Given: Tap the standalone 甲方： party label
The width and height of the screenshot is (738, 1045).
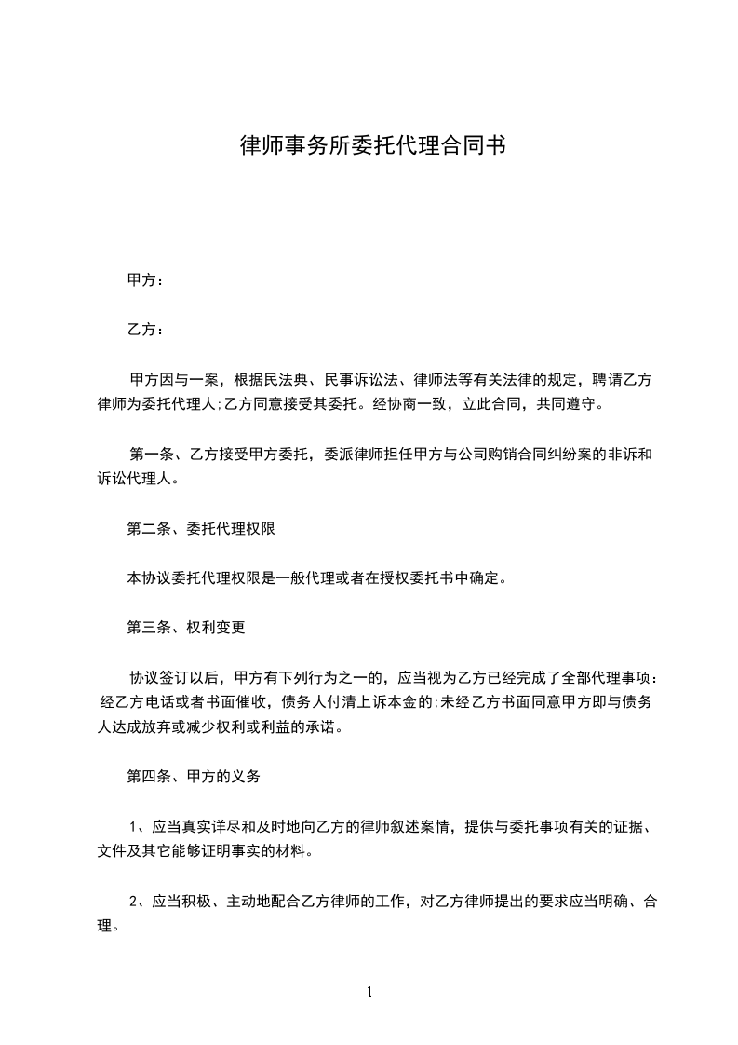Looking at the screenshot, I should pyautogui.click(x=145, y=279).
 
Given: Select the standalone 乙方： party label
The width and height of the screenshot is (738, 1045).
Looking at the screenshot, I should pyautogui.click(x=145, y=330).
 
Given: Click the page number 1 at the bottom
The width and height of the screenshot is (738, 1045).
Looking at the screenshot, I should pyautogui.click(x=369, y=992).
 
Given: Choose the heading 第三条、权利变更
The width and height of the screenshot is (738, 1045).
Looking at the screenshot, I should pyautogui.click(x=186, y=627).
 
